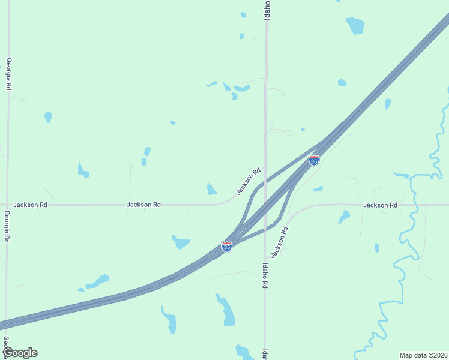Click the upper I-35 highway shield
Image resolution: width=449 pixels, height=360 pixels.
(313, 160)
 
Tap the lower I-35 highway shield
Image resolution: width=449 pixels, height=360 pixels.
(226, 246)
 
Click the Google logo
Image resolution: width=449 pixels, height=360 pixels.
(19, 353)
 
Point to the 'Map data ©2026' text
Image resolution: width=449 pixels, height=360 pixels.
(423, 355)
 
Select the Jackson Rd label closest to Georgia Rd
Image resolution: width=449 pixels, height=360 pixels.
(31, 205)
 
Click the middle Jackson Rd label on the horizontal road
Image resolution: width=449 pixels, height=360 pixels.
(143, 205)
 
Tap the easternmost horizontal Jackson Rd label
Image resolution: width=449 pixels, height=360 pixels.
(380, 205)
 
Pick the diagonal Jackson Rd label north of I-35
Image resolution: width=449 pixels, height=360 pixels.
(249, 181)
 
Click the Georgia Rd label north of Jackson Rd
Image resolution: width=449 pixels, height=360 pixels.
(9, 74)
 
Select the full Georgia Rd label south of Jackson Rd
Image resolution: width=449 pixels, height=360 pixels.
(7, 227)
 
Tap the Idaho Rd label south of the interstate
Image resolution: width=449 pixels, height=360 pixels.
(264, 275)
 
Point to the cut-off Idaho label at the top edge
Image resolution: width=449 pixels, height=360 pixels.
(267, 10)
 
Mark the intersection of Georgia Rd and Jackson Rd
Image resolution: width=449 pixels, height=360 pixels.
(8, 205)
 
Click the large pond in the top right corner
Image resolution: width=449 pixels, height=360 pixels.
(355, 25)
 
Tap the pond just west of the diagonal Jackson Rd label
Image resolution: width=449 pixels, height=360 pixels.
(211, 190)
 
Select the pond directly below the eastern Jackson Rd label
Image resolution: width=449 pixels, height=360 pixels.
(344, 216)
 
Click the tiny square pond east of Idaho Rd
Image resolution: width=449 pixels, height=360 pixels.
(303, 129)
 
